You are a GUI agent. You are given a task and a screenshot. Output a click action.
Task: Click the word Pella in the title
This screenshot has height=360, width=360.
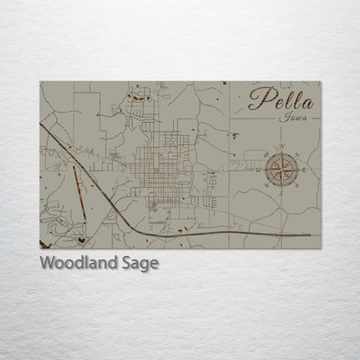(280, 99)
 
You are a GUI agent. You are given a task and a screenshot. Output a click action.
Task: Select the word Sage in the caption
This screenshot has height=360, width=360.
(140, 264)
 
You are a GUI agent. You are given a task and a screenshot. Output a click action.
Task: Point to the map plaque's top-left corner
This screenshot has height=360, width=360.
(41, 82)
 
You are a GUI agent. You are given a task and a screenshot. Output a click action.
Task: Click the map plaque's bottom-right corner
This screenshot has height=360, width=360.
(319, 247)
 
